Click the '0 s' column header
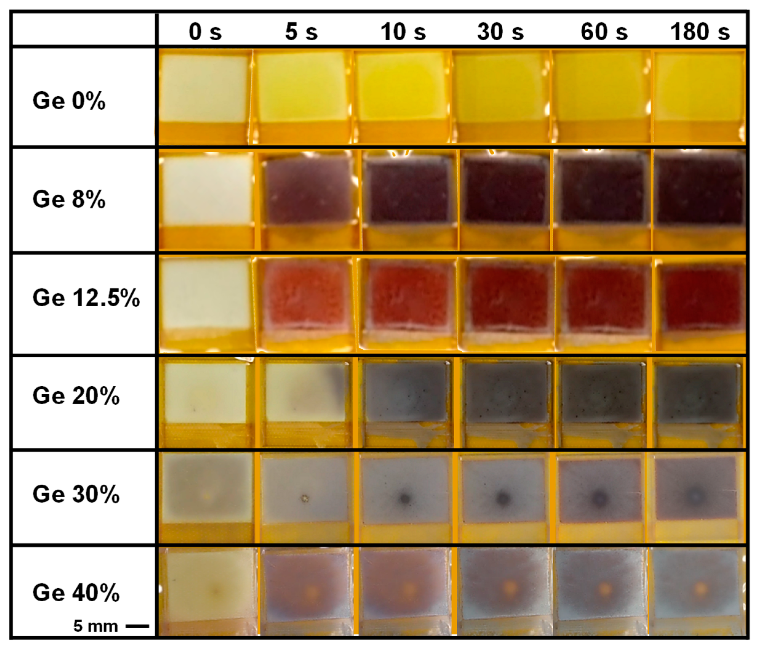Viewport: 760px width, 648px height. [x=205, y=32]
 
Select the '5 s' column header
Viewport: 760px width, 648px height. [x=301, y=32]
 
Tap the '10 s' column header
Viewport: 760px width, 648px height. [x=403, y=32]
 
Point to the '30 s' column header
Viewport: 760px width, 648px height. [x=500, y=32]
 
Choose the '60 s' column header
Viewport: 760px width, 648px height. [x=604, y=32]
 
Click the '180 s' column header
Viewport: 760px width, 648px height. [x=700, y=32]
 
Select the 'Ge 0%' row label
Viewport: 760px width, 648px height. [x=69, y=101]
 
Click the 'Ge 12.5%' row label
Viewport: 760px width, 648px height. [x=86, y=297]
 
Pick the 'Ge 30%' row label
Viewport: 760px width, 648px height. [x=76, y=494]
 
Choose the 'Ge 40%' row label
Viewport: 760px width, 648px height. [x=76, y=593]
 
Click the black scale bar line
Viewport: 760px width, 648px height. [x=137, y=626]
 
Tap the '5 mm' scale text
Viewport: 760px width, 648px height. [x=95, y=626]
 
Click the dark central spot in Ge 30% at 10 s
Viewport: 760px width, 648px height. [x=405, y=498]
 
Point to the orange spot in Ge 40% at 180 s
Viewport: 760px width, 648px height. [x=701, y=589]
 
